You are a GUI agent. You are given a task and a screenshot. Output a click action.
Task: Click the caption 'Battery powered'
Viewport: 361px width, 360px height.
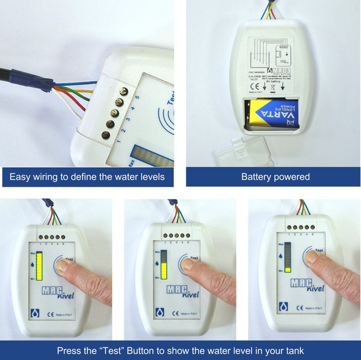pos(275,177)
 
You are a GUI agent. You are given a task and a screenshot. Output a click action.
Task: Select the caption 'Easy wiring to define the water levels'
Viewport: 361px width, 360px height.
pos(87,177)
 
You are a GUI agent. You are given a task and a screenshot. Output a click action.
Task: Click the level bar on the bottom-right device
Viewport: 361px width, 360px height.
pos(289,256)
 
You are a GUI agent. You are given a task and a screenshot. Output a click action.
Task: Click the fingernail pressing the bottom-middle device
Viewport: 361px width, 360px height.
pos(188,266)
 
